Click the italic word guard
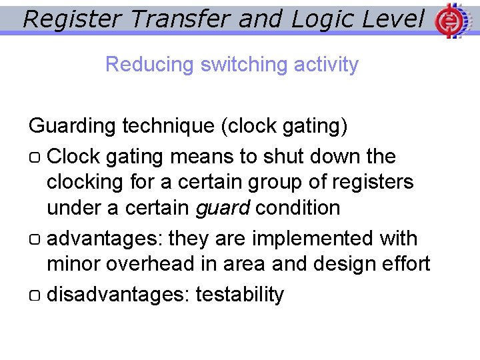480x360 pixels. (x=222, y=208)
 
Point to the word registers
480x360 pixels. (x=370, y=182)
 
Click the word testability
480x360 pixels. (x=239, y=294)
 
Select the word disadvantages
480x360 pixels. (x=118, y=294)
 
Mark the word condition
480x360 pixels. (x=298, y=208)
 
